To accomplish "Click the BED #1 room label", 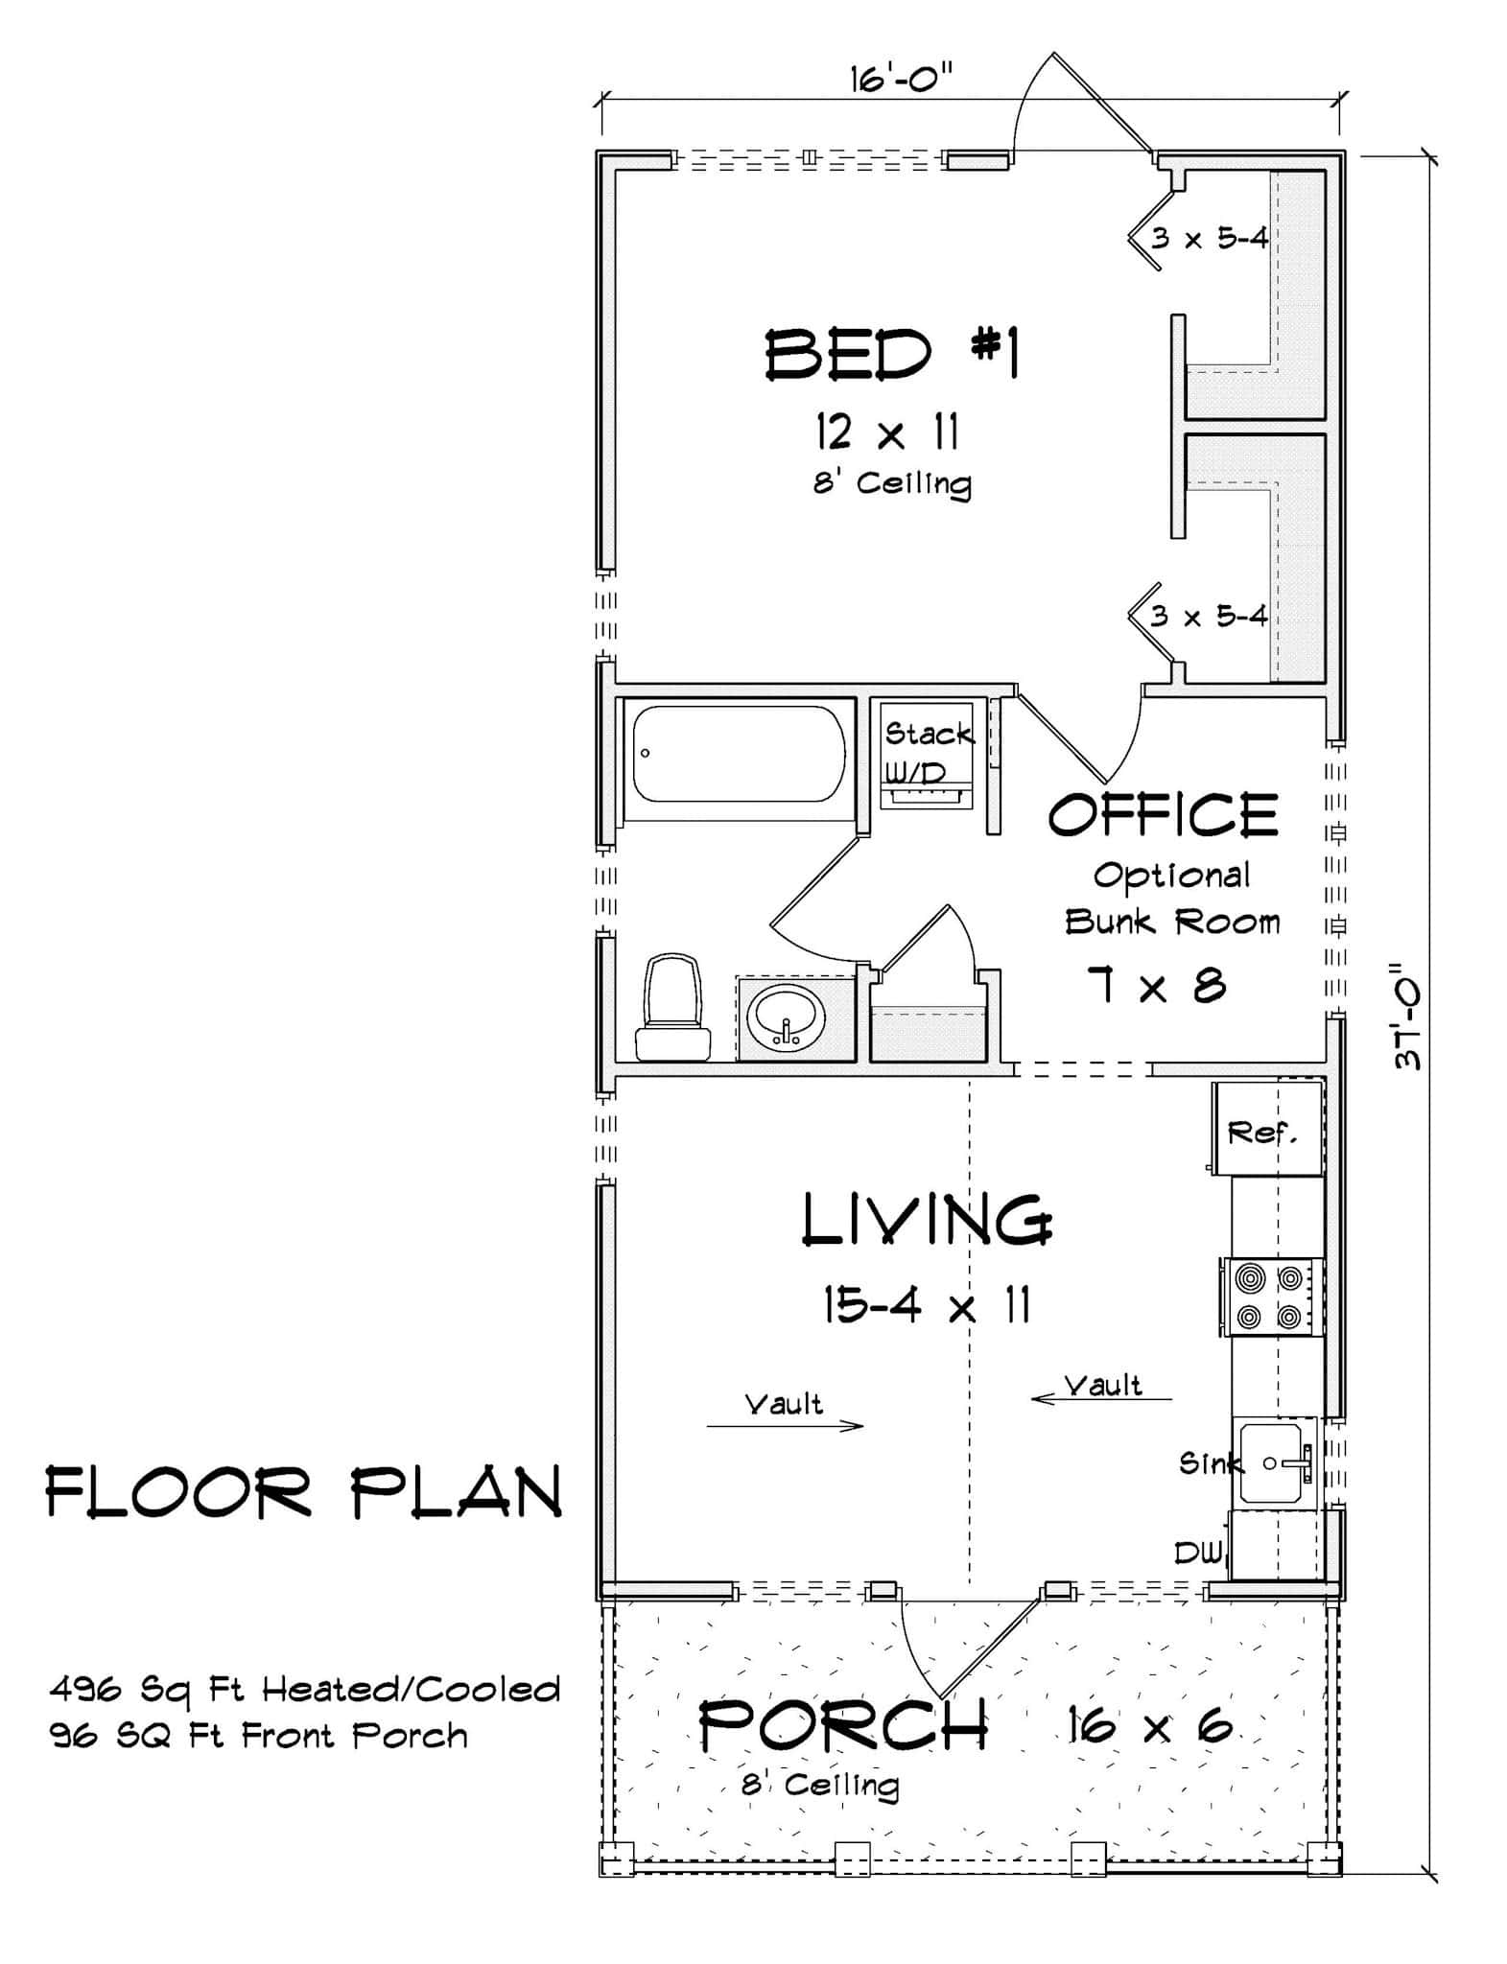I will tap(891, 354).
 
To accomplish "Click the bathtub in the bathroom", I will tap(739, 753).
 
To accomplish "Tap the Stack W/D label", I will tap(926, 752).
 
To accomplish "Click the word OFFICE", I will tap(1163, 815).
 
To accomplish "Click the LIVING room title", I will tap(927, 1220).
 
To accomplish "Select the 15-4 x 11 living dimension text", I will tap(927, 1304).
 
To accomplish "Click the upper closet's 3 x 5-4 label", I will tap(1210, 238).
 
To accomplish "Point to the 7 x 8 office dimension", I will tap(1157, 985).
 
